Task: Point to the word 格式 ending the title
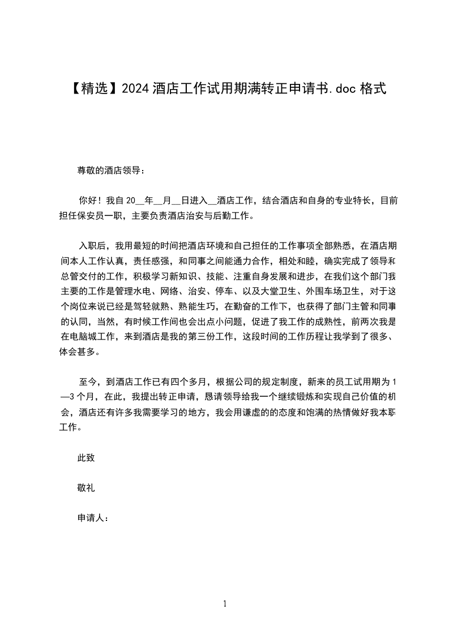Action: [373, 88]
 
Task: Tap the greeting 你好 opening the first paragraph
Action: [87, 200]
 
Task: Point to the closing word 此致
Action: [86, 458]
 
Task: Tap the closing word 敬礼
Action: [86, 488]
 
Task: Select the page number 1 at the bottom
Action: [225, 604]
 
